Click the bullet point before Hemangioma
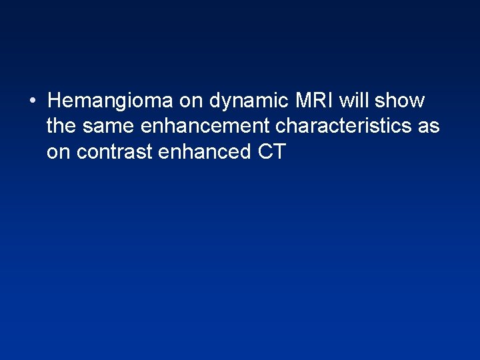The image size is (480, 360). tap(31, 102)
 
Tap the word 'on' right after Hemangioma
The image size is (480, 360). tap(190, 101)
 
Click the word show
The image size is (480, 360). tap(399, 101)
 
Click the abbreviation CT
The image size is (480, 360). tap(272, 151)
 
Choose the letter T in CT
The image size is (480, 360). tap(279, 151)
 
